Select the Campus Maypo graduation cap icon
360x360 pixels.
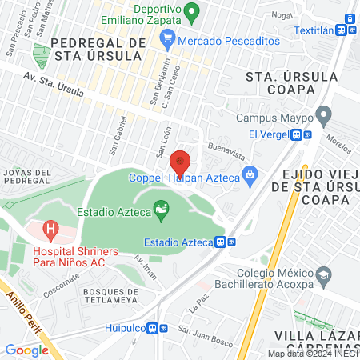(x=322, y=115)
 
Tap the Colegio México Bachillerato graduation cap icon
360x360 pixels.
(x=323, y=278)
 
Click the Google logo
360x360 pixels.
(x=26, y=350)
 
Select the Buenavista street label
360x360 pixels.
(x=224, y=148)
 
